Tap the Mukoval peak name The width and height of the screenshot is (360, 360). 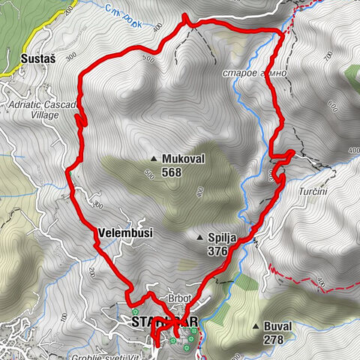tap(183, 159)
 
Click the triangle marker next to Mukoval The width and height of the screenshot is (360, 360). tap(154, 159)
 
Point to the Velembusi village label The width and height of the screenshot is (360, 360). tap(125, 233)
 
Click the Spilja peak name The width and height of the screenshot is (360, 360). tap(222, 238)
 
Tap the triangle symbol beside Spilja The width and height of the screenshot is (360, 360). tap(199, 238)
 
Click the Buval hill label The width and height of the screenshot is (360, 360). tap(278, 327)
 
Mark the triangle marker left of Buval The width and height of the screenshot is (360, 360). tap(256, 327)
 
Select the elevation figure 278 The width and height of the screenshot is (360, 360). tap(274, 340)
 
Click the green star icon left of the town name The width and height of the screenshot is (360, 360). tap(135, 312)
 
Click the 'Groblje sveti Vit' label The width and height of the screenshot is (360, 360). tap(111, 355)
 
